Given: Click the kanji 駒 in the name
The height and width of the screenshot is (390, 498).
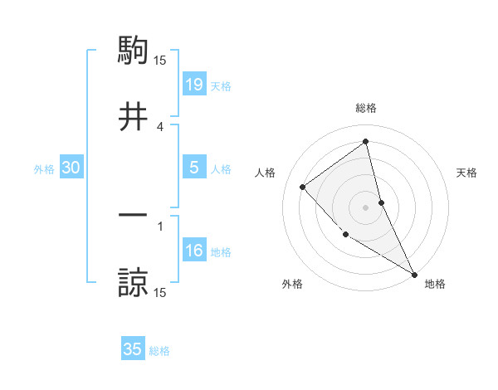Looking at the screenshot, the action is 133,51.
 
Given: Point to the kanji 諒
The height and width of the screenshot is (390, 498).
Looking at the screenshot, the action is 133,282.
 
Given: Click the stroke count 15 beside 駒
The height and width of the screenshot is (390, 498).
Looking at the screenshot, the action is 160,60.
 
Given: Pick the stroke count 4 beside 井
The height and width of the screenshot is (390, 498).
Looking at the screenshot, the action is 160,126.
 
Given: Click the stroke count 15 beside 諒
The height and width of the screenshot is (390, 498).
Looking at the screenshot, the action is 160,292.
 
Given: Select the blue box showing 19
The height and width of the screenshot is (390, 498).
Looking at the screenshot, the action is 193,84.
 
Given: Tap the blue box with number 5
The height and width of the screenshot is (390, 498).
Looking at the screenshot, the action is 193,168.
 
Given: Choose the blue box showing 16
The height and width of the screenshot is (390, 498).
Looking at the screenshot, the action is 193,251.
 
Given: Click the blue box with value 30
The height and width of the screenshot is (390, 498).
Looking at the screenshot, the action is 71,168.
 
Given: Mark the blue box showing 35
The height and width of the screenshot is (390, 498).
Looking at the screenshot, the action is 133,349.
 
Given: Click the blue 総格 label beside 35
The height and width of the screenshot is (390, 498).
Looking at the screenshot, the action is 159,351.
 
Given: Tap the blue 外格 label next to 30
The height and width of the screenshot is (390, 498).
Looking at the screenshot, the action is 44,169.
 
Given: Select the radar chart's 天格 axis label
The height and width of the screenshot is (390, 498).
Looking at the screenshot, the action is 467,173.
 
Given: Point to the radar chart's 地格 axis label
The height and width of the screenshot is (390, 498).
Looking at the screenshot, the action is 435,285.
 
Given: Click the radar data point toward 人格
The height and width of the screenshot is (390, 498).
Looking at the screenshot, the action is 303,187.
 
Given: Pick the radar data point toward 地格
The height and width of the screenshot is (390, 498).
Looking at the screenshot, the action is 414,274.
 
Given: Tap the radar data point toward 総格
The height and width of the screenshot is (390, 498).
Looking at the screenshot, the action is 366,142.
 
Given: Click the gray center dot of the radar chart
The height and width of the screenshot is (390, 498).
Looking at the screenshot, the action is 366,207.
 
